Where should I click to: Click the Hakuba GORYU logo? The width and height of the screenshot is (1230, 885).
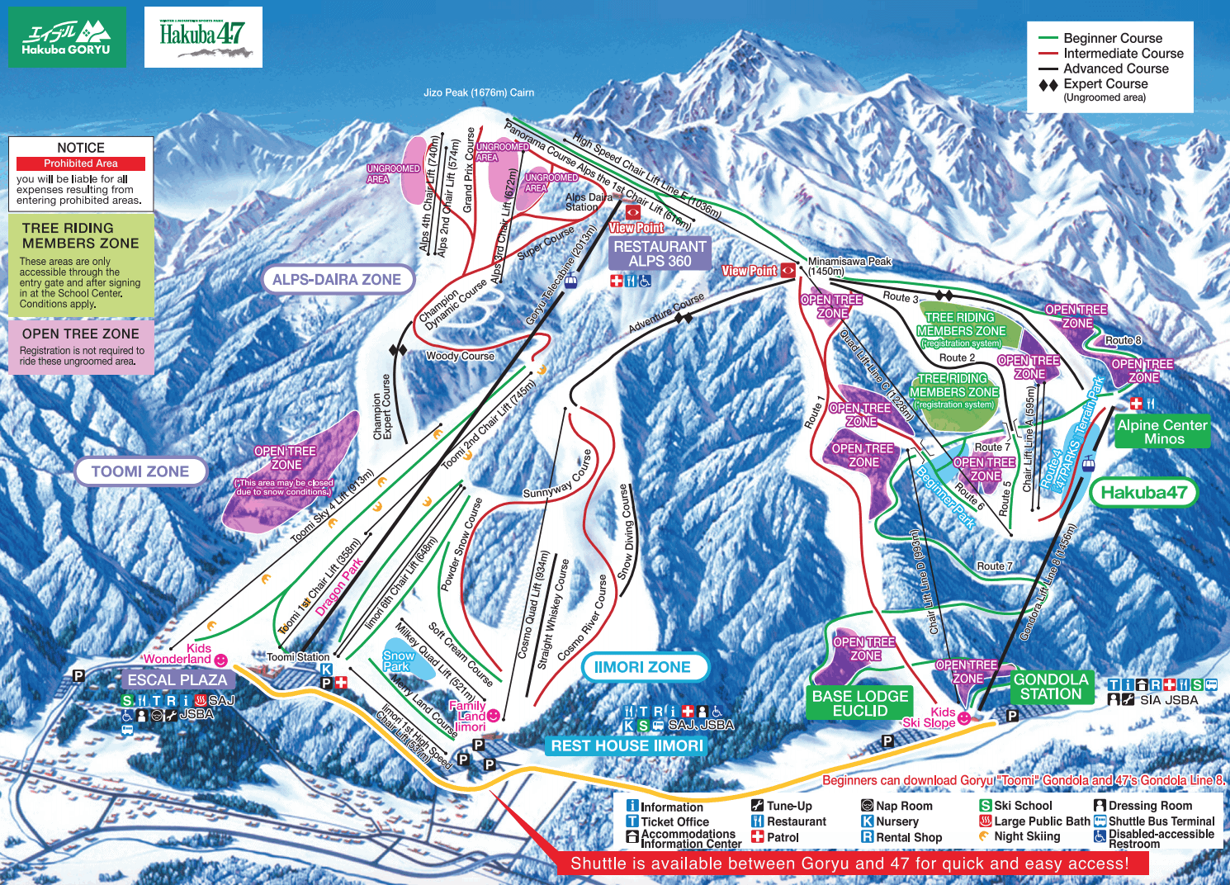click(67, 37)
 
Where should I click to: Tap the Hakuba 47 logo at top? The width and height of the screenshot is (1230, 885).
click(203, 37)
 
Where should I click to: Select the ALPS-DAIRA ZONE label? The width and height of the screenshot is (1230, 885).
click(337, 280)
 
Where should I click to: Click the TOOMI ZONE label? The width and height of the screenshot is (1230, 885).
click(140, 471)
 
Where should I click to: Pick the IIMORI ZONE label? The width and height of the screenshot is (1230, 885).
click(642, 667)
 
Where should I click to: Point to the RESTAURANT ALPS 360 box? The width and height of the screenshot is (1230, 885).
click(660, 253)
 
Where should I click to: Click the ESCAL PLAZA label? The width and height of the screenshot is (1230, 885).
click(177, 679)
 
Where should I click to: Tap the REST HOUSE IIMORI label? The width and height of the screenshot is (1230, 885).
click(627, 745)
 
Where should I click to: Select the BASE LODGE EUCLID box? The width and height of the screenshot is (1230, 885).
click(860, 703)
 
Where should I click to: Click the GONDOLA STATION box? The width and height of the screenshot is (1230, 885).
click(1051, 686)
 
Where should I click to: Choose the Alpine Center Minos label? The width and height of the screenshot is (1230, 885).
click(1162, 432)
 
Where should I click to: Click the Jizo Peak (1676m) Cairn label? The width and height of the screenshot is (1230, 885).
click(479, 92)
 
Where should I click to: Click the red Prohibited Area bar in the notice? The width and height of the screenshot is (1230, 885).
click(81, 163)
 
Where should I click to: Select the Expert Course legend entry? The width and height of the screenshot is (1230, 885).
click(1105, 84)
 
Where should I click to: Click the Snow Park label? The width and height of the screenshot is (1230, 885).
click(399, 660)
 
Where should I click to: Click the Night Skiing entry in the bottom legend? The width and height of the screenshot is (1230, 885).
click(1026, 836)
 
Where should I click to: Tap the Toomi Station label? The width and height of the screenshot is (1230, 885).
click(298, 657)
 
